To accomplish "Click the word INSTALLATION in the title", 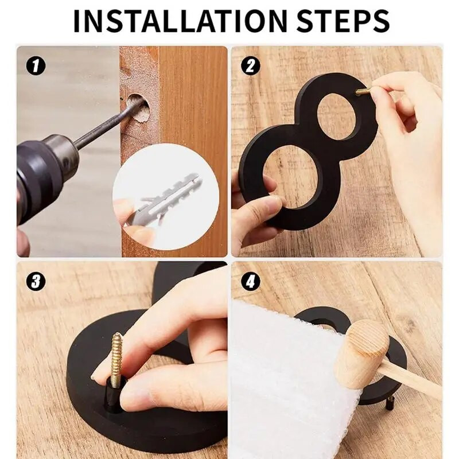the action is pos(181,21).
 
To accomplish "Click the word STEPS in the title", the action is pos(343,21).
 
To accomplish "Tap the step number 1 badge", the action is pos(36,66).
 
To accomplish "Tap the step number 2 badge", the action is pos(250,65).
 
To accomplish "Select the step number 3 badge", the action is pos(36,281).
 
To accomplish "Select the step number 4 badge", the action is pos(250,281).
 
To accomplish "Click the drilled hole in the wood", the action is pos(138,109).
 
